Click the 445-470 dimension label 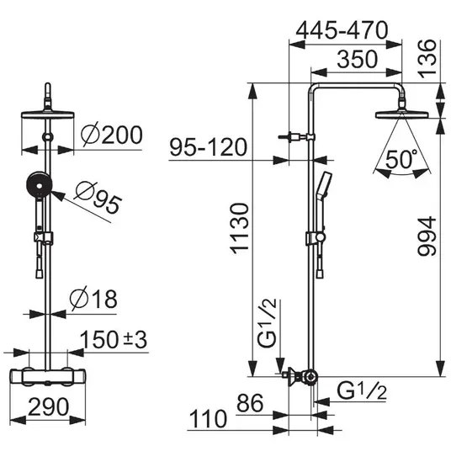342,30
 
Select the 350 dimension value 357,59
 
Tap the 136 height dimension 427,59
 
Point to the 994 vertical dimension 427,236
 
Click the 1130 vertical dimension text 240,229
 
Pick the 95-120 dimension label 209,147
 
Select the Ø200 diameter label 112,135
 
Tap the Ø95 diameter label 98,198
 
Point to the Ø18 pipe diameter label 93,298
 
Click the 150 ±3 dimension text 114,339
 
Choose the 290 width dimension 48,406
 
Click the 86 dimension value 250,403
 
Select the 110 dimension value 208,419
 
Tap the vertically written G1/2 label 267,323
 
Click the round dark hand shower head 39,185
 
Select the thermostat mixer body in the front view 48,377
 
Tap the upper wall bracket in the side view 296,137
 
